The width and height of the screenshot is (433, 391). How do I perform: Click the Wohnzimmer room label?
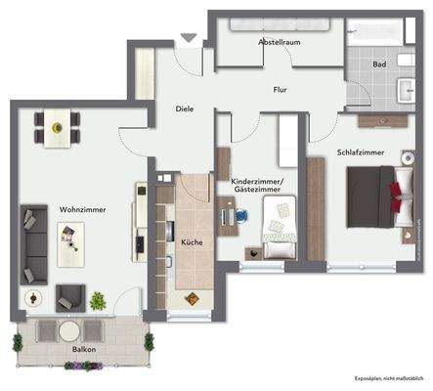[x=82, y=210]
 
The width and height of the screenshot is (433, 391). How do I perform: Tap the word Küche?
[x=191, y=241]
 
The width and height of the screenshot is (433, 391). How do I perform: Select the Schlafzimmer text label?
[x=361, y=153]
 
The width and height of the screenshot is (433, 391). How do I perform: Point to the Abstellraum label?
[x=278, y=43]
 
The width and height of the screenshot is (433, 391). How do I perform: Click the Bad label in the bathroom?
[x=378, y=65]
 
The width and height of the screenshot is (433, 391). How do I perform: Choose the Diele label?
[x=185, y=109]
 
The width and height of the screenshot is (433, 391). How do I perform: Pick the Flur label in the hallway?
[x=280, y=90]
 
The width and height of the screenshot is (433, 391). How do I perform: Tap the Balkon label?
[x=84, y=347]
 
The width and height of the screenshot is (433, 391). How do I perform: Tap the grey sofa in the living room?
[x=33, y=243]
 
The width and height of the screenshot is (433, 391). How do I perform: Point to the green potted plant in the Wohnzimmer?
[x=98, y=300]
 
